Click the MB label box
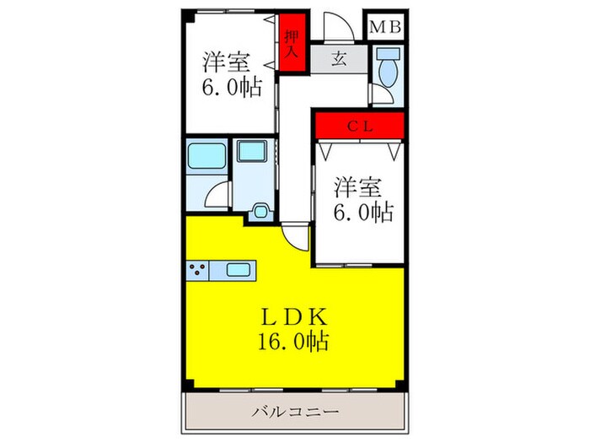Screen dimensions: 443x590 point(386,27)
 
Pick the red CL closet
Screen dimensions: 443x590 point(360,126)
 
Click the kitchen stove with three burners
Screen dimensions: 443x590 point(199,270)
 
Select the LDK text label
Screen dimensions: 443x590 point(294,318)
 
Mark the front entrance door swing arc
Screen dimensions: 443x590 point(334,27)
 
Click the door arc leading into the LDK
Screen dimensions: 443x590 point(295,233)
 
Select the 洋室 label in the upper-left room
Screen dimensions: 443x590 point(225,62)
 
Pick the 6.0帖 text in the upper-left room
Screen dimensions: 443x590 point(230,87)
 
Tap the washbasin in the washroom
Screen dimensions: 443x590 point(251,152)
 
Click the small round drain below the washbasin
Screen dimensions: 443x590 point(261,211)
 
